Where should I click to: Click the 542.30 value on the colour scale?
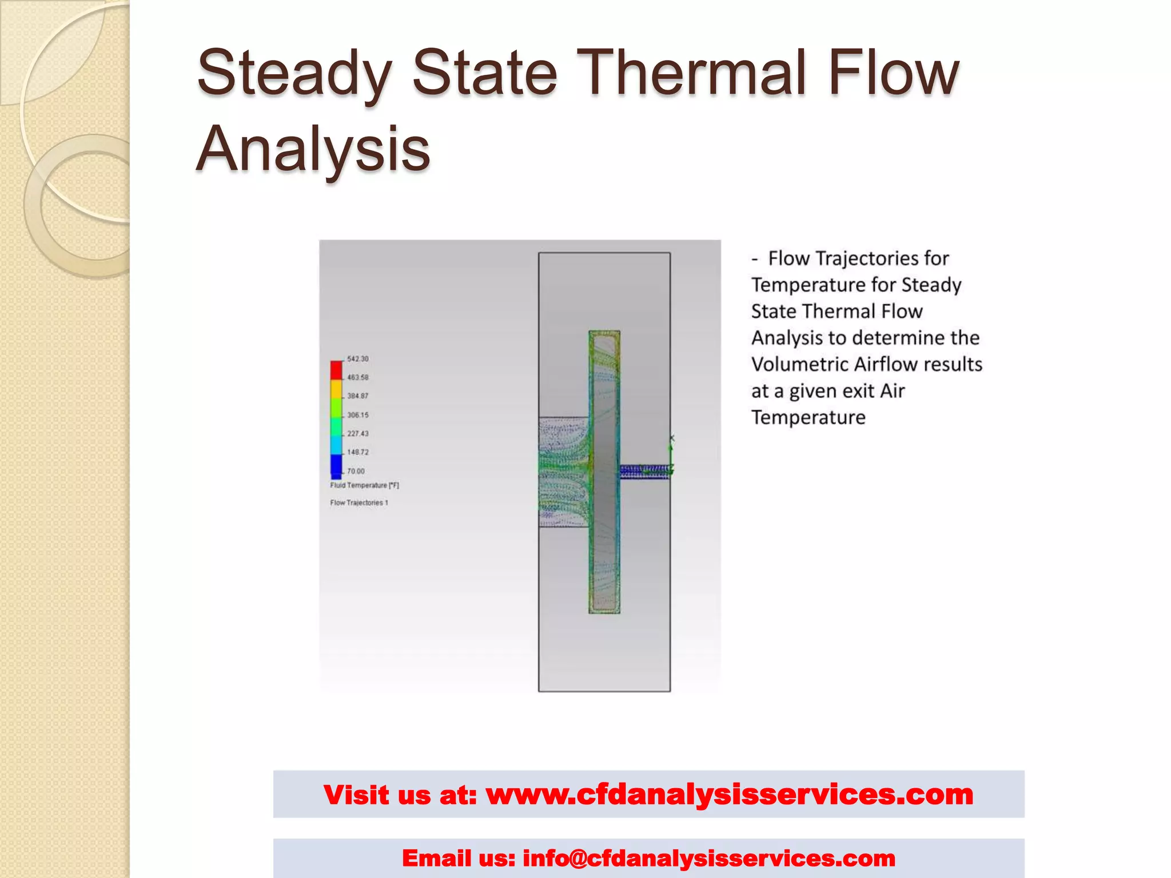pos(357,359)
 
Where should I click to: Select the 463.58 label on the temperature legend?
pos(357,377)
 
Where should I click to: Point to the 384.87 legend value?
pos(357,396)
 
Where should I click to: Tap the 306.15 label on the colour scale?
pos(357,415)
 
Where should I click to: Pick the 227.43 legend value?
pos(357,433)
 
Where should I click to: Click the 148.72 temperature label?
pos(357,452)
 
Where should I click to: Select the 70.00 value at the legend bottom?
pos(355,471)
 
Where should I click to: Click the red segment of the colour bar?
pos(336,370)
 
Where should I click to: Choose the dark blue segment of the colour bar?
pos(336,465)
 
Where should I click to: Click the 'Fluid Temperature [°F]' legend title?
pos(364,485)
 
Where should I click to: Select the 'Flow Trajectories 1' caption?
pos(359,502)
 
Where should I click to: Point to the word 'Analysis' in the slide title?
pos(313,149)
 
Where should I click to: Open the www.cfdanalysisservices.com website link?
pos(729,795)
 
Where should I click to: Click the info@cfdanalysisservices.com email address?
pos(709,858)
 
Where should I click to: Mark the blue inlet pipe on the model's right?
pos(644,471)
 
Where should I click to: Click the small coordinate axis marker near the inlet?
pos(672,452)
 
